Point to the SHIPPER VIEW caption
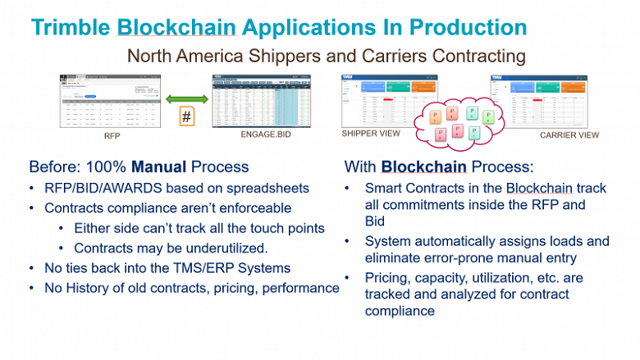371,133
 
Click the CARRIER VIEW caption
569,134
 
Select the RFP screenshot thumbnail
112,100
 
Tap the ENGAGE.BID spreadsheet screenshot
263,100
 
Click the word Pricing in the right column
387,277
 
